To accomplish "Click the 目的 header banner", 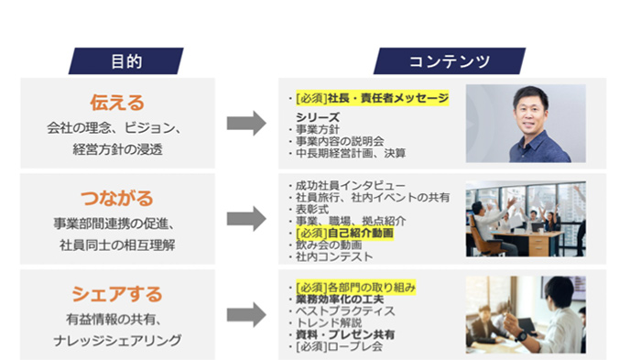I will click(126, 61).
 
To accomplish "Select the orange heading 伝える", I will click(117, 101).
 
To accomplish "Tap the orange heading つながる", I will click(117, 197).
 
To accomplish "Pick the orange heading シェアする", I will click(116, 294).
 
